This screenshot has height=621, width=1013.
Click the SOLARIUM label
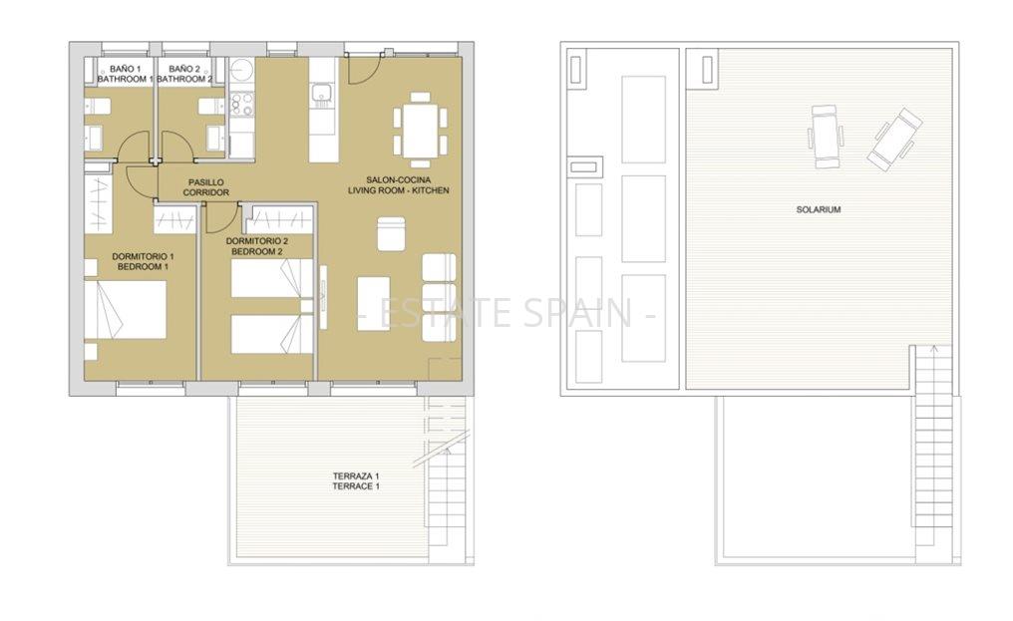[818, 209]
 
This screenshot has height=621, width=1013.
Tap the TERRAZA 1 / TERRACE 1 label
[356, 481]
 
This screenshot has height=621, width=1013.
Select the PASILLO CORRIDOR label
[206, 187]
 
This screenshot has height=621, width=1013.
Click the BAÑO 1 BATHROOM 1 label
[125, 74]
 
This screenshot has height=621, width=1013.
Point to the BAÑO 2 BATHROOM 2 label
[184, 74]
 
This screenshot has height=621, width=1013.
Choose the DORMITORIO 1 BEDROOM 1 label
[143, 261]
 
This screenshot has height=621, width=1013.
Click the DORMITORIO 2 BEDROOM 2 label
[257, 246]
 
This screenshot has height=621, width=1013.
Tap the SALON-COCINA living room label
[398, 184]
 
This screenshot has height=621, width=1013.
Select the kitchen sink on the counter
[321, 95]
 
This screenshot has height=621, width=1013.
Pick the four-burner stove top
[242, 105]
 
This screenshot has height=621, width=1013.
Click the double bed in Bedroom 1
[126, 310]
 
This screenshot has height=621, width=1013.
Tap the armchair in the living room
[391, 234]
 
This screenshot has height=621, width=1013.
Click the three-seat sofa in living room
[440, 297]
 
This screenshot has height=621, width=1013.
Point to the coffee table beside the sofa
[374, 304]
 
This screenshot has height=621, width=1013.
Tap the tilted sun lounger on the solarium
[894, 139]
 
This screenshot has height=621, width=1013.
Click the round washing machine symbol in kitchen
[242, 69]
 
